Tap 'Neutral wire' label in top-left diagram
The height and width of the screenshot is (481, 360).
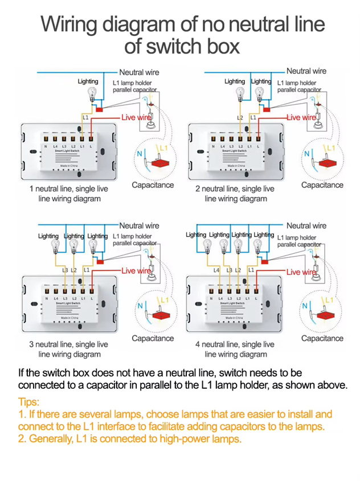coord(139,72)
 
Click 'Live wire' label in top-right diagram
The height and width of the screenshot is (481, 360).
coord(301,117)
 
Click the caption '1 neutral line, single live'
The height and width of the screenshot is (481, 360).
coord(68,188)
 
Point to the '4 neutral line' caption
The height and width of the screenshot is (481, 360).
coord(235,344)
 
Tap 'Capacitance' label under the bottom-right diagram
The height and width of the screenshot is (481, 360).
coord(322,338)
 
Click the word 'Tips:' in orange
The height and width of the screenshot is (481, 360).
coord(30,401)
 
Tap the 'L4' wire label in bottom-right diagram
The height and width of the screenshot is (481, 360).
coord(217,270)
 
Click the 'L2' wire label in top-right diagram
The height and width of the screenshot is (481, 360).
coord(240,117)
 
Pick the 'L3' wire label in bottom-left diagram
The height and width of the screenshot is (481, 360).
coord(66,270)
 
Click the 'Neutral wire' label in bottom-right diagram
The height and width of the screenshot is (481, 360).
coord(306,226)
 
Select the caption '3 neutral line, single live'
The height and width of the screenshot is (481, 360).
coord(68,344)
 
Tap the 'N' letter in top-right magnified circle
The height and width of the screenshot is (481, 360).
coord(306,153)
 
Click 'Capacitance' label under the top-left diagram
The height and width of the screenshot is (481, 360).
coord(153,185)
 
